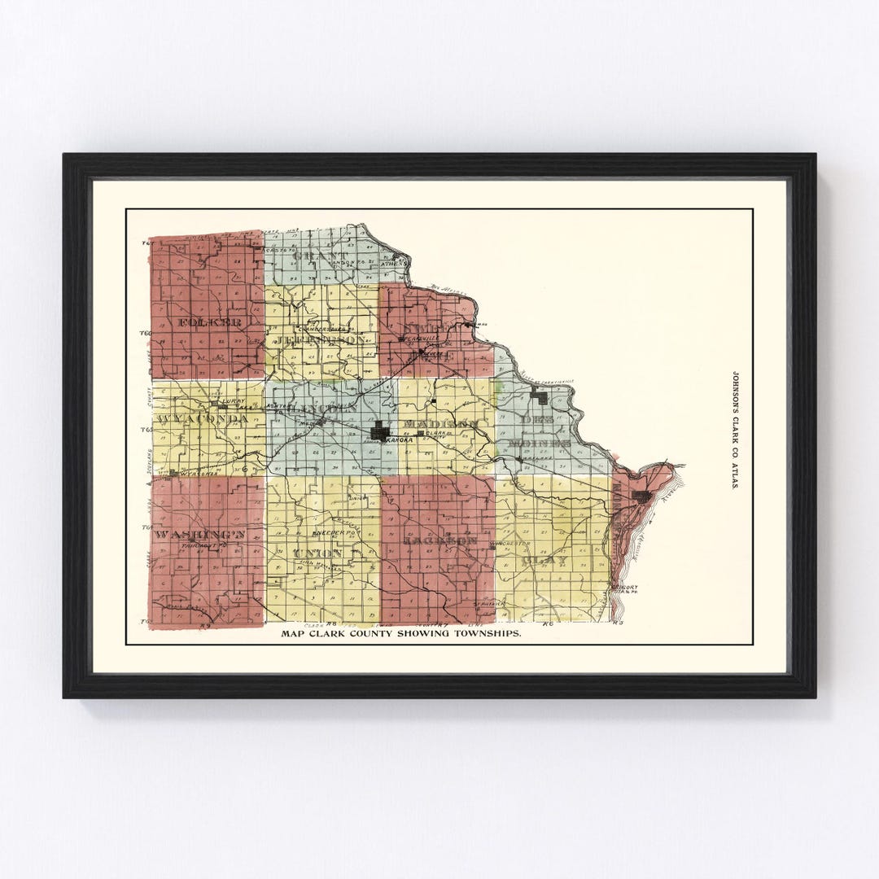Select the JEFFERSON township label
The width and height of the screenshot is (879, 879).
pos(320,339)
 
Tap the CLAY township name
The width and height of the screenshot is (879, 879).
pos(548,561)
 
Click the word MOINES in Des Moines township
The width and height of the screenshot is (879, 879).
pos(540,443)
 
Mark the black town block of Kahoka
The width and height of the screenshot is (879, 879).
pos(379,431)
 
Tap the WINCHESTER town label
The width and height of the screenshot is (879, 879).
pos(511,543)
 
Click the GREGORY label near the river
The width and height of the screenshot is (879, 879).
pos(626,587)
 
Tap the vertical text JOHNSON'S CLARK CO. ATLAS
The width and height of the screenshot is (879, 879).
pos(737,431)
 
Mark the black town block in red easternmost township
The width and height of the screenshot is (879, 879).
pos(642,496)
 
